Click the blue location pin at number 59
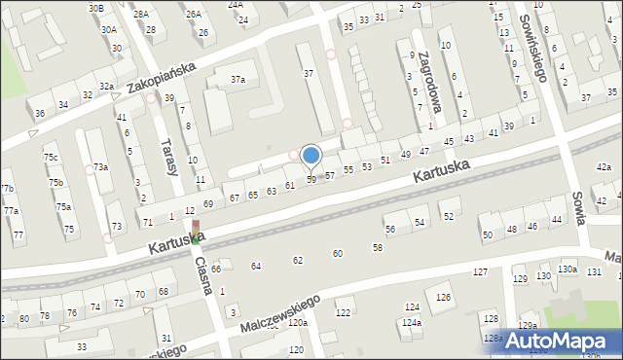(x=311, y=156)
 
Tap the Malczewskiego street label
(x=281, y=311)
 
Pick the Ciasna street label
(x=204, y=278)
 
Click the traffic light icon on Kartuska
(x=195, y=232)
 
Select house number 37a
(x=237, y=80)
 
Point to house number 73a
(x=100, y=167)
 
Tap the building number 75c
(x=51, y=158)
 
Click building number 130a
(x=568, y=269)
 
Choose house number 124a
(x=412, y=322)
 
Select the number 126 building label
(x=444, y=297)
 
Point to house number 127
(x=480, y=272)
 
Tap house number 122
(x=343, y=312)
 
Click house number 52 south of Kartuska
(x=448, y=216)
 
